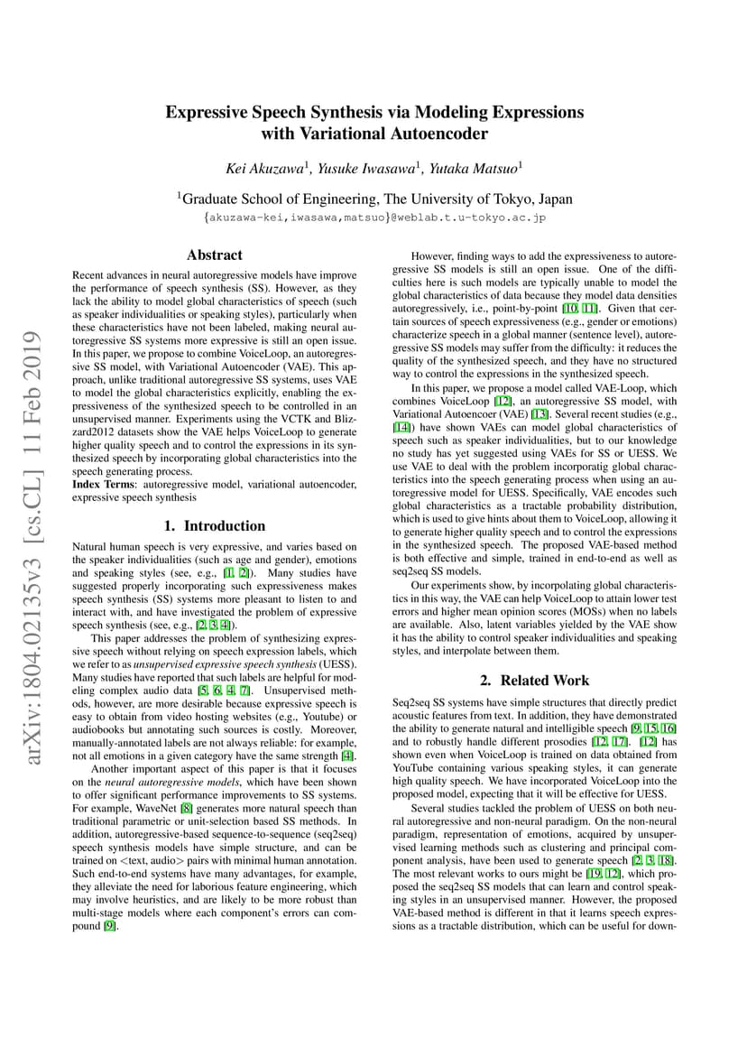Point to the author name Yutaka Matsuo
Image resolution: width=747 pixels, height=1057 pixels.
[474, 169]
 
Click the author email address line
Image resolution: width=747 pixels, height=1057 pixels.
[374, 218]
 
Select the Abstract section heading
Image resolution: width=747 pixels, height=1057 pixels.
[214, 255]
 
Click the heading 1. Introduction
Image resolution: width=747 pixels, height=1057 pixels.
[214, 525]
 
